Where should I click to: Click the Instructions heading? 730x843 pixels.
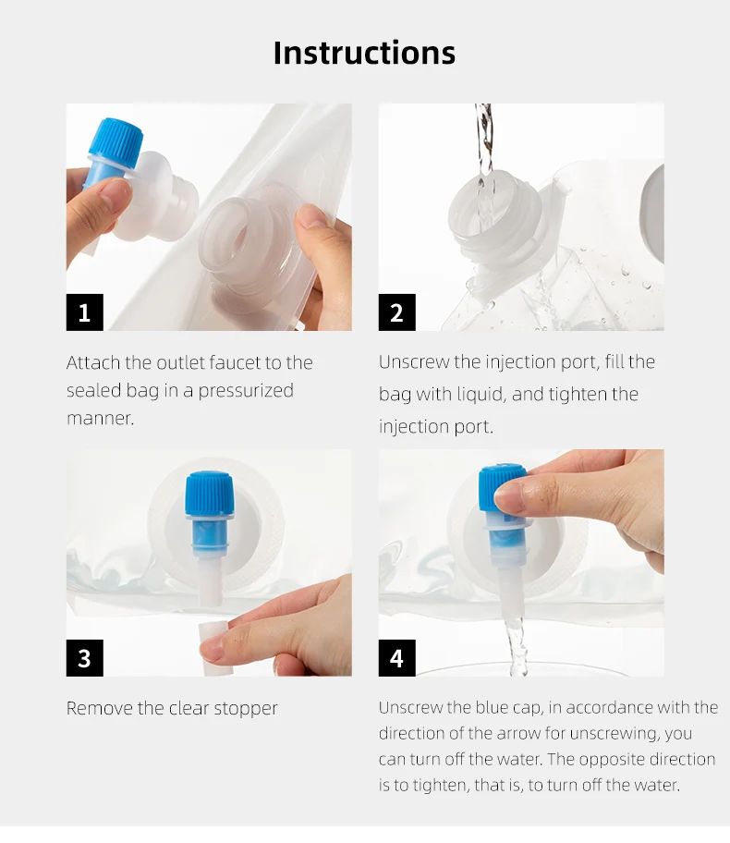pos(364,53)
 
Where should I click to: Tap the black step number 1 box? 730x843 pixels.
pos(84,312)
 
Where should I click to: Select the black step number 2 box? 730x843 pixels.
pos(396,312)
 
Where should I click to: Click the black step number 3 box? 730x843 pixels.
pos(84,658)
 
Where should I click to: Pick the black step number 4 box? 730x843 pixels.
pos(396,658)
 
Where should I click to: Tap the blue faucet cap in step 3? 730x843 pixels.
pos(209,494)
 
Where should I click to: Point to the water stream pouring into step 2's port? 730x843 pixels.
pos(484,142)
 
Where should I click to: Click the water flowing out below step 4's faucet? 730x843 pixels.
pos(515,647)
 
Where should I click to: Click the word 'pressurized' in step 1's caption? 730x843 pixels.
pos(246,391)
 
